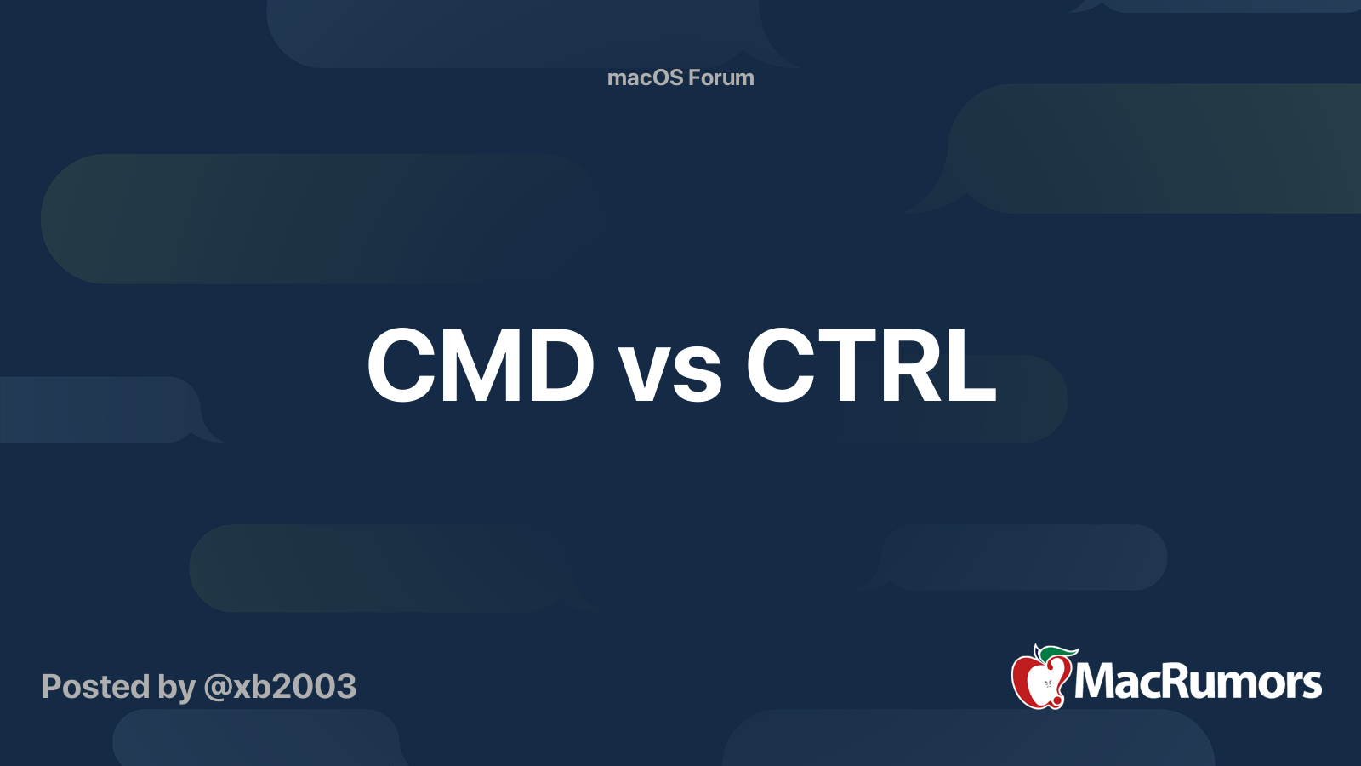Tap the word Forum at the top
pyautogui.click(x=721, y=77)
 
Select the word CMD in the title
pyautogui.click(x=481, y=366)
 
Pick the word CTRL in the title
pyautogui.click(x=870, y=366)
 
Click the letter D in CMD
pyautogui.click(x=557, y=366)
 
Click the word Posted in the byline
pyautogui.click(x=95, y=686)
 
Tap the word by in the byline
pyautogui.click(x=176, y=688)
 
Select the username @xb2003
pyautogui.click(x=280, y=686)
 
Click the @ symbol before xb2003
pyautogui.click(x=217, y=687)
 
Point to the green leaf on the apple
pyautogui.click(x=1060, y=652)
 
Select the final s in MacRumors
pyautogui.click(x=1311, y=685)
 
